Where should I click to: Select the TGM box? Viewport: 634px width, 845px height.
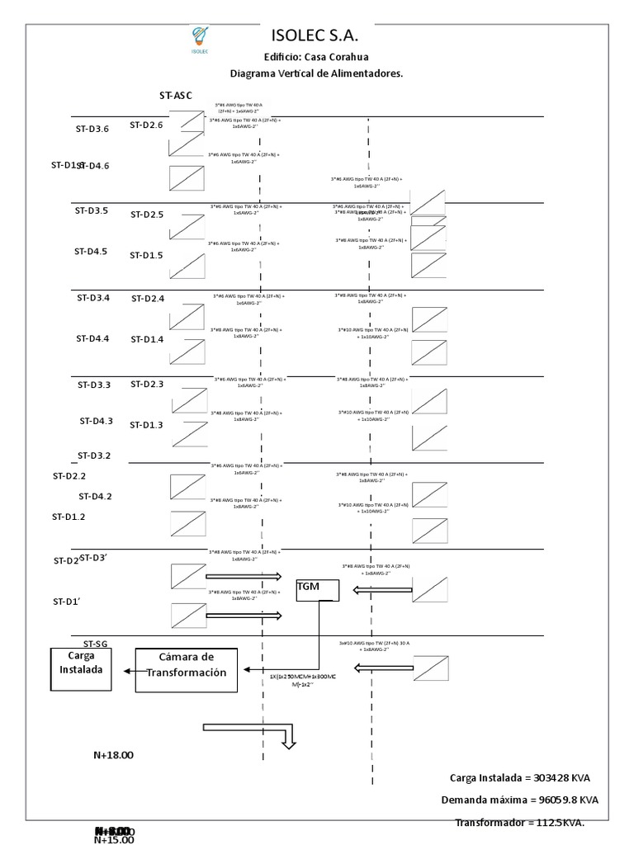(x=318, y=589)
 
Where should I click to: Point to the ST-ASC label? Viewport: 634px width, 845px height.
(x=176, y=95)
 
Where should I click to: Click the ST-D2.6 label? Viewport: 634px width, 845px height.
(x=146, y=125)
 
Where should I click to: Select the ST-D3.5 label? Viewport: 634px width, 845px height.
(x=92, y=210)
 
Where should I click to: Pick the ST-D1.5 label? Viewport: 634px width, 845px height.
(x=146, y=255)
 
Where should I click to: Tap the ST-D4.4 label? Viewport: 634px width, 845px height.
(x=92, y=338)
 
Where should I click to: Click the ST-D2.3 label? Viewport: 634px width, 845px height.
(x=147, y=384)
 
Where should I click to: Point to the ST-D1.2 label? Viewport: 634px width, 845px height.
(x=69, y=517)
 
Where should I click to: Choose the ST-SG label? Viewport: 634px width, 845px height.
(x=95, y=643)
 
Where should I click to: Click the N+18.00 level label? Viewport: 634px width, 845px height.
(x=113, y=754)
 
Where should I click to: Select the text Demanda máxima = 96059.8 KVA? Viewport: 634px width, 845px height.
(x=519, y=800)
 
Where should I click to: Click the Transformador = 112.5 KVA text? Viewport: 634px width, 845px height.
(x=519, y=823)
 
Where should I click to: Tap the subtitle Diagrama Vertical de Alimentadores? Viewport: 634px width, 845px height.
(x=316, y=73)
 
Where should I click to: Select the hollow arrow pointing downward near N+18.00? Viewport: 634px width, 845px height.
(x=287, y=739)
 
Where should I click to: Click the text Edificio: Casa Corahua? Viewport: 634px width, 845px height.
(x=316, y=57)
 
